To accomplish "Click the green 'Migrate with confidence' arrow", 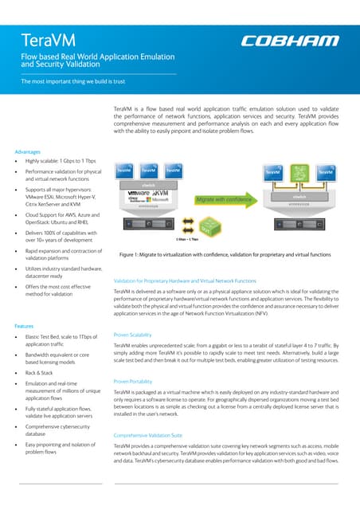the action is tap(229, 198).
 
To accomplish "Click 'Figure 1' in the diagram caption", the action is tap(131, 254).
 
